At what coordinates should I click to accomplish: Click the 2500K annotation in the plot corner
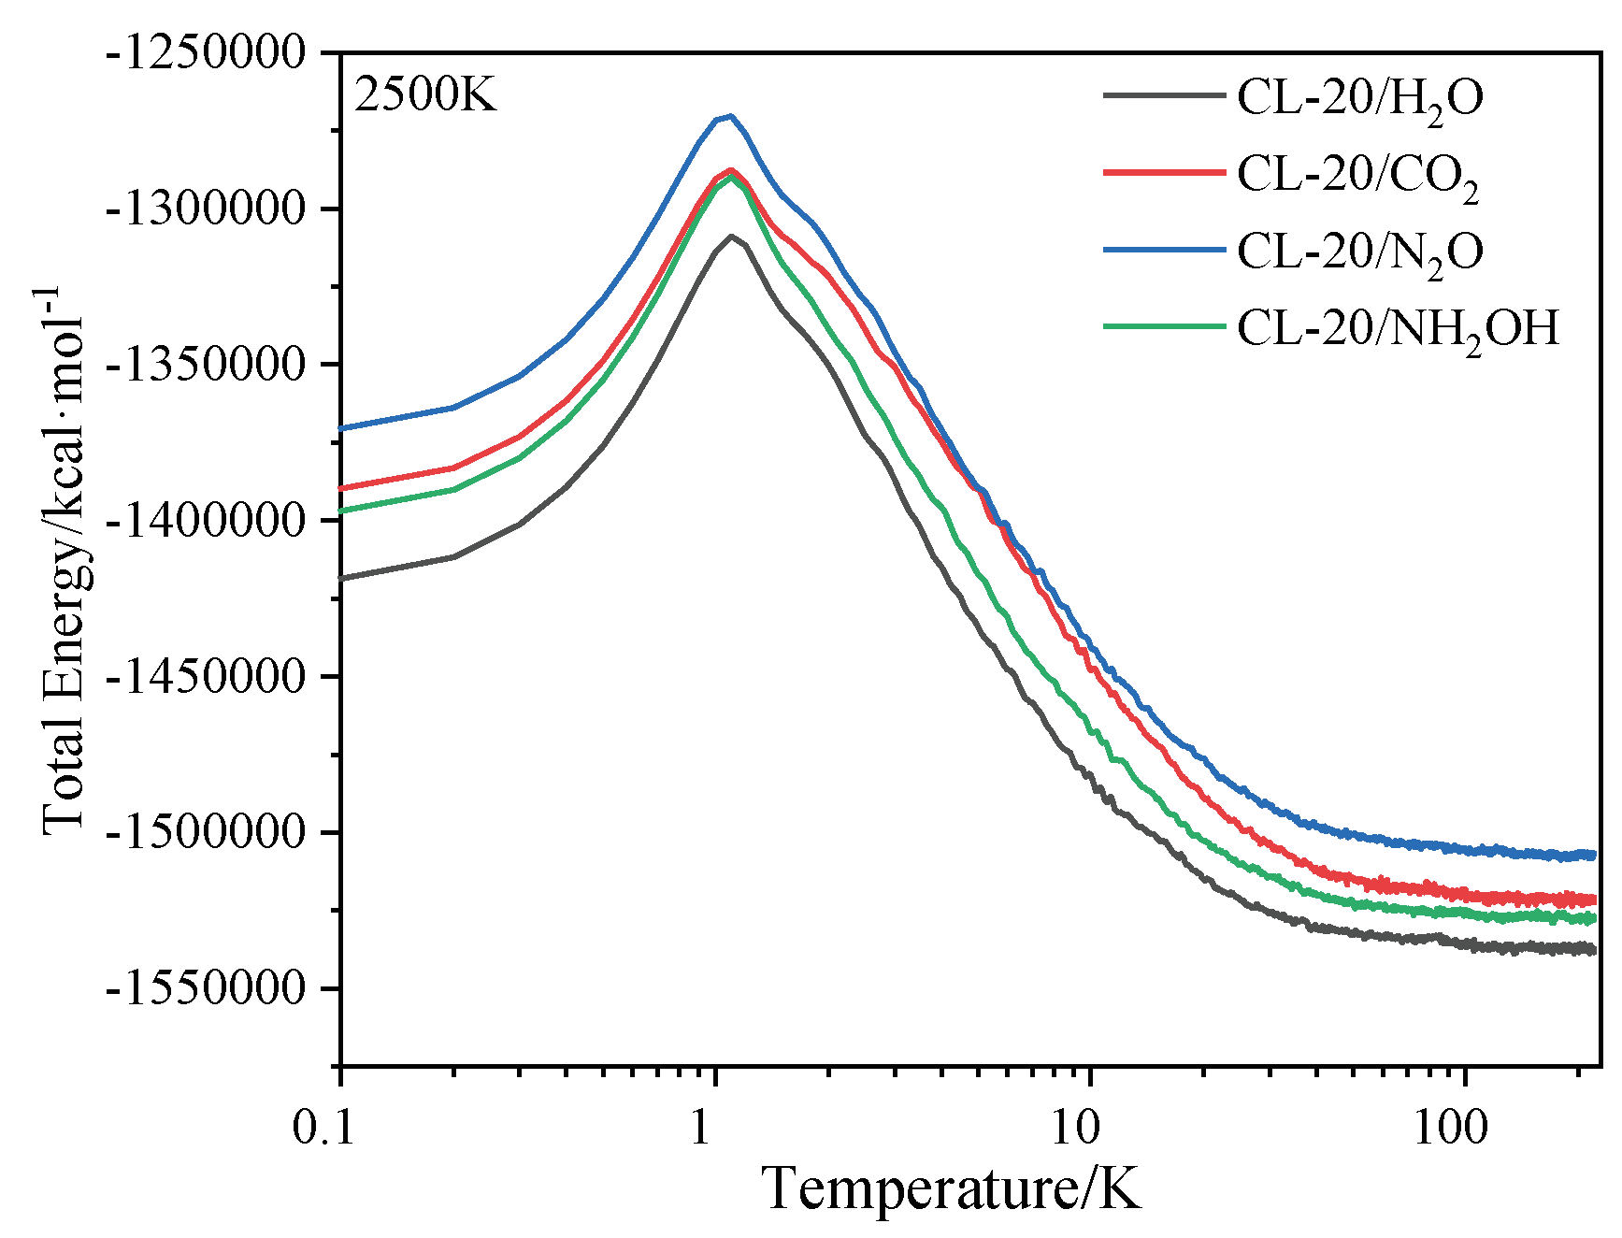(425, 95)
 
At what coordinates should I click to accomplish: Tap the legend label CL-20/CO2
(1357, 176)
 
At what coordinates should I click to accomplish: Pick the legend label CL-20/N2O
(1359, 252)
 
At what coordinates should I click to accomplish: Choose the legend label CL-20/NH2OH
(1398, 330)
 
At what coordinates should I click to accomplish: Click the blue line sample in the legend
(1163, 250)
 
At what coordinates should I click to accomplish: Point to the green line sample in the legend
(1163, 326)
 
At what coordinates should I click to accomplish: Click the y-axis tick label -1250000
(207, 52)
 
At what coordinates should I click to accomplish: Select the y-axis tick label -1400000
(207, 521)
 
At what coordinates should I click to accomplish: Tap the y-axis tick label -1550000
(207, 988)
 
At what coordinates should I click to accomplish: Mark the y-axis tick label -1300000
(207, 209)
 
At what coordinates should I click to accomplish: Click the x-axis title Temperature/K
(952, 1189)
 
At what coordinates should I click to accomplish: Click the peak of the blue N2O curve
(730, 116)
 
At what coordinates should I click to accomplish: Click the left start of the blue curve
(342, 428)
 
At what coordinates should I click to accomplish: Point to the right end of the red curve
(1594, 900)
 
